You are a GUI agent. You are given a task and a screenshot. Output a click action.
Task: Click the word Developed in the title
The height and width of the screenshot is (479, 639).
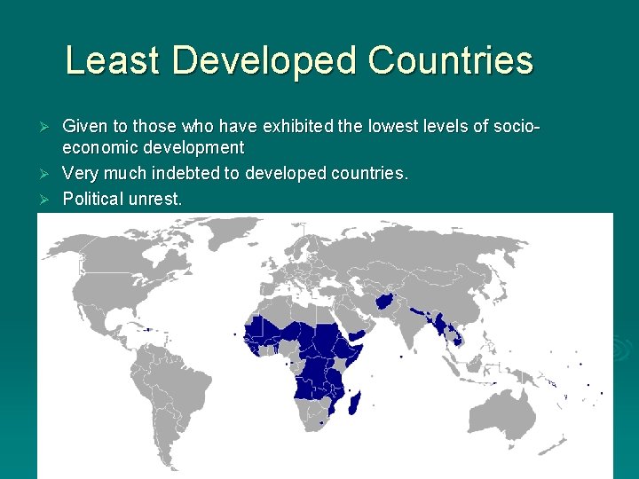262,61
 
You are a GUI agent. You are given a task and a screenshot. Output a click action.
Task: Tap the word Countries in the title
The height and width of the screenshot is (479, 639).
450,61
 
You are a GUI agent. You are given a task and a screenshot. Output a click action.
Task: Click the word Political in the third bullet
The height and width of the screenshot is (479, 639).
93,199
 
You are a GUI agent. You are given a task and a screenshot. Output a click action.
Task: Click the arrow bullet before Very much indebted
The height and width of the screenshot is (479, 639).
51,173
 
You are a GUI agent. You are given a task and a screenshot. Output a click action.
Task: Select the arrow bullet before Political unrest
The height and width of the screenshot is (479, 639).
51,199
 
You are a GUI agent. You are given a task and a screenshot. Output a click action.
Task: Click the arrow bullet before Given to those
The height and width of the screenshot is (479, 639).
51,128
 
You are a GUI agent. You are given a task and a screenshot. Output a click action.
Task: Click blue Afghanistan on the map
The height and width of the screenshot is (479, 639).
387,302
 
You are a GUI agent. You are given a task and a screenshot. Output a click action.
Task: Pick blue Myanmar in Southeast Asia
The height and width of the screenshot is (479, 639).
437,321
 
